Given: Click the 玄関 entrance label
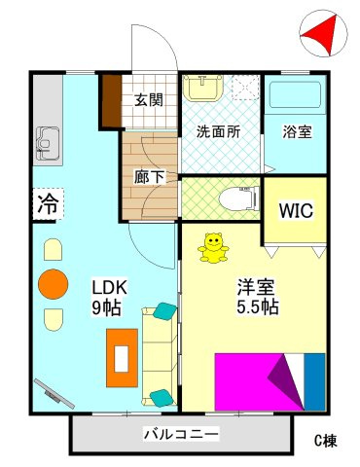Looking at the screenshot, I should tap(149, 99).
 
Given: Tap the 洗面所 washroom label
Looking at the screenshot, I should tap(219, 131).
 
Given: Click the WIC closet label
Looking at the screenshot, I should tap(294, 209).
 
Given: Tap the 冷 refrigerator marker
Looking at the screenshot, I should tap(47, 204).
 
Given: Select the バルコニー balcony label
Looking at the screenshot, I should tap(181, 434).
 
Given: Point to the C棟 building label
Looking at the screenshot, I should tap(325, 441).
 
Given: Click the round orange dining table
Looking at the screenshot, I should tap(53, 285).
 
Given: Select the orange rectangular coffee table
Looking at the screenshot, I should tap(123, 358).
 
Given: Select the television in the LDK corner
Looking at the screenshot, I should tap(54, 392).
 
